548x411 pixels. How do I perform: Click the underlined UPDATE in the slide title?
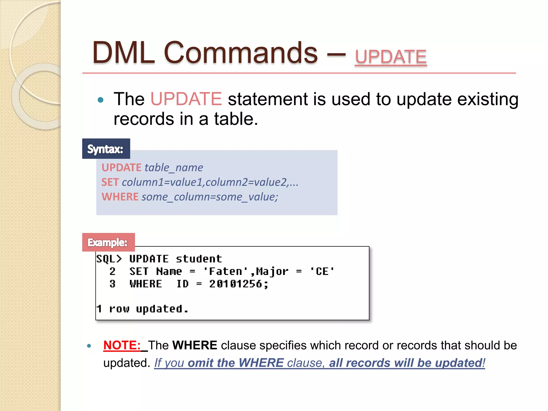coord(390,57)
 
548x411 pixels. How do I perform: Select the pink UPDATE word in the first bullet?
coord(186,99)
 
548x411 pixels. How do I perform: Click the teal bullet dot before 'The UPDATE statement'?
coord(101,100)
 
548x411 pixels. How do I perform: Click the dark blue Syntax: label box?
coord(106,149)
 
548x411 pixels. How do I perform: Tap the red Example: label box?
coord(108,242)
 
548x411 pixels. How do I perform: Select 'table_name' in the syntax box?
coord(174,168)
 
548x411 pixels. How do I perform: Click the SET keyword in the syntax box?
coord(110,182)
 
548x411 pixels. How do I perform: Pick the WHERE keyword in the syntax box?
coord(120,197)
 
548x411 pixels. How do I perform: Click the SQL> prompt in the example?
coord(109,259)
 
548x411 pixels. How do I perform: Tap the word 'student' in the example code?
coord(199,259)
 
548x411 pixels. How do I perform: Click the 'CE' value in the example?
coord(322,272)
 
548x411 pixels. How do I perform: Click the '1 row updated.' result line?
coord(142,309)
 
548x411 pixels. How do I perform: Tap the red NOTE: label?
coord(122,345)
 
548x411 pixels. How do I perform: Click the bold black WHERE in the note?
coord(195,345)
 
